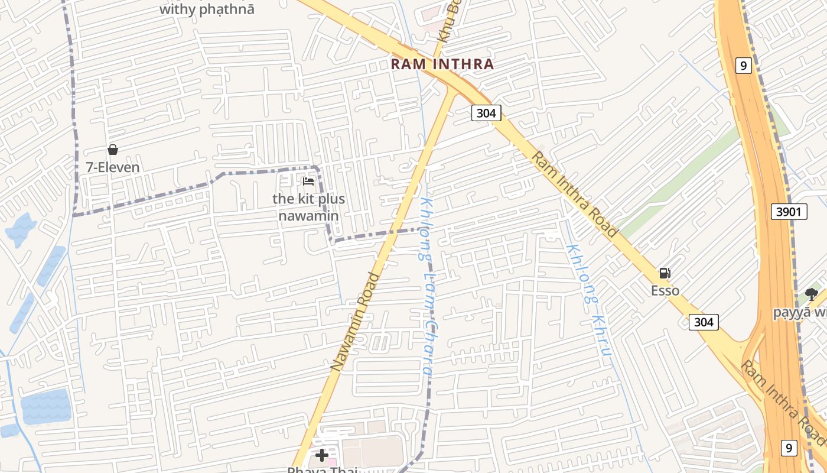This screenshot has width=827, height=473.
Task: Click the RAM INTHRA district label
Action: (x=442, y=64)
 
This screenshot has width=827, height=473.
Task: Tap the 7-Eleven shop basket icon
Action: (x=112, y=150)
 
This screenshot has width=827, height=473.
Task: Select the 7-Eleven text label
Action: (x=113, y=167)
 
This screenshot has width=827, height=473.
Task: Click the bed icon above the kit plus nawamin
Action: (x=308, y=182)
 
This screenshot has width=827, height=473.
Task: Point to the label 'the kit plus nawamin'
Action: (x=308, y=207)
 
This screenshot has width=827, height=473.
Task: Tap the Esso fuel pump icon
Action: (x=665, y=273)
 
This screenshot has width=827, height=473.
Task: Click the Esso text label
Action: (x=665, y=291)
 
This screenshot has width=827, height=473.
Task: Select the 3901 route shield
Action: (x=789, y=211)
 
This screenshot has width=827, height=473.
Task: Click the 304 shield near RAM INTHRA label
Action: (x=486, y=113)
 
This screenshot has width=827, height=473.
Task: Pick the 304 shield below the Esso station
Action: (x=704, y=322)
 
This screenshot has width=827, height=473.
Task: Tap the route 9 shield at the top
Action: (x=744, y=66)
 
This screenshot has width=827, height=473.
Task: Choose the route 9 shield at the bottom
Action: (x=789, y=448)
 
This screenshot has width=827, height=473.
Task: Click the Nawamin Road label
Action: (x=354, y=322)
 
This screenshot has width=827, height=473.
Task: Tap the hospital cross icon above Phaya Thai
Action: (x=322, y=455)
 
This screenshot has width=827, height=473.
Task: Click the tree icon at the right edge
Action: (x=812, y=294)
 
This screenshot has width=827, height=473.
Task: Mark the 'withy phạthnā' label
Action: (x=207, y=9)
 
